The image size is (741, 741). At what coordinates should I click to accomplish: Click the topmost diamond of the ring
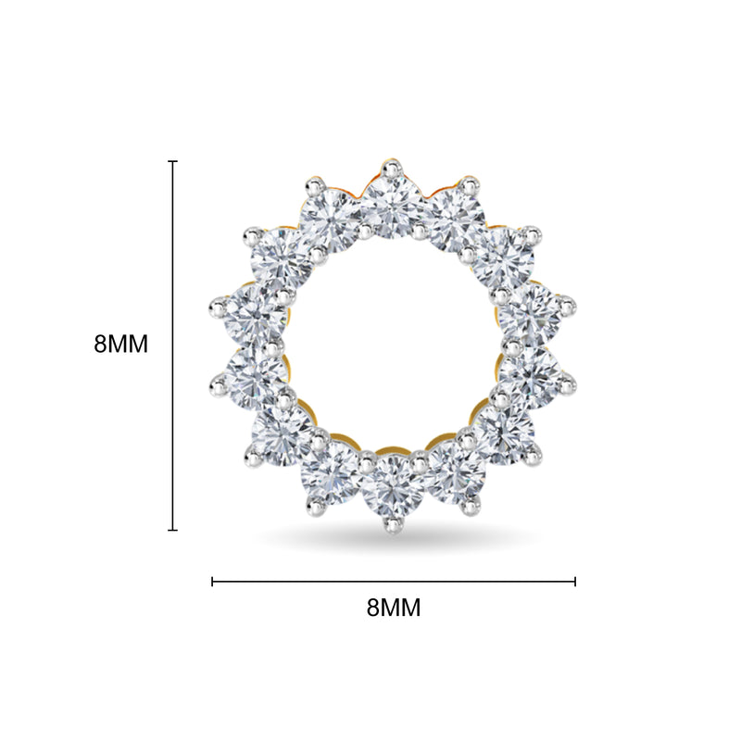point(392,207)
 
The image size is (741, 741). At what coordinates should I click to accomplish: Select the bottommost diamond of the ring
point(392,486)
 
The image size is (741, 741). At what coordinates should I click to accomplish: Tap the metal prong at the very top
point(392,169)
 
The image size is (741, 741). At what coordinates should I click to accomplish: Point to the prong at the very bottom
point(392,525)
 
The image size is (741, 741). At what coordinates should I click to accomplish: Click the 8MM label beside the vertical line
point(121,344)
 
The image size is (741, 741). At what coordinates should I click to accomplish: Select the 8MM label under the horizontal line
point(393,608)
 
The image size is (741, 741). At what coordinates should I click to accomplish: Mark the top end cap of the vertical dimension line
point(173,161)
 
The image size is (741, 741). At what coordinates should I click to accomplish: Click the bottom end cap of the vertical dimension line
point(173,530)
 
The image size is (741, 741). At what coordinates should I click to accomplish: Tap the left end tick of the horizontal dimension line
point(212,582)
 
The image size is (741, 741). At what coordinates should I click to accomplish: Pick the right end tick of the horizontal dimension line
point(575,582)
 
